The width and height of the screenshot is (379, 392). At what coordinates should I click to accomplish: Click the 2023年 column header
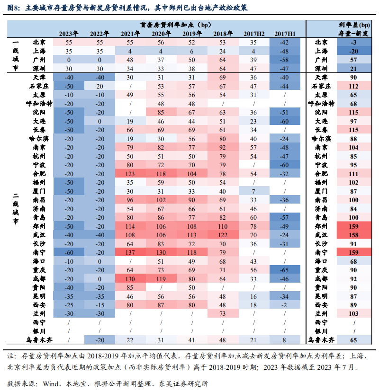69,34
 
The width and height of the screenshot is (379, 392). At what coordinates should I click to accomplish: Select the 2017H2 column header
253,34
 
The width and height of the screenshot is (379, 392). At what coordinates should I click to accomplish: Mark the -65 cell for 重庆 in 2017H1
285,269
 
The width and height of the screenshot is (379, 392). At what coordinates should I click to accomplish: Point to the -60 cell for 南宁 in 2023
69,252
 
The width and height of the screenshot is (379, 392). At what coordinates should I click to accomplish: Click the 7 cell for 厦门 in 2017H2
253,191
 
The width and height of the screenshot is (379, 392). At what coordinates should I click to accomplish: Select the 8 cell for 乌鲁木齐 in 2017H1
285,339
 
